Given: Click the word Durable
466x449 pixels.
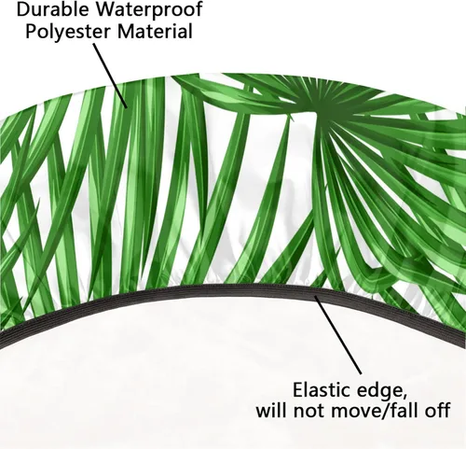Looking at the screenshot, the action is [52, 9].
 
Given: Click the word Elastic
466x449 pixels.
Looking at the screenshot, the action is [322, 389].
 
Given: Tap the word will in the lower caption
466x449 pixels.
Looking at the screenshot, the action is [271, 410].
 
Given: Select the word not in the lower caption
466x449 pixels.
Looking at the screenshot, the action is [309, 411].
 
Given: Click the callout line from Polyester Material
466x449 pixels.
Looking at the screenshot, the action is [110, 76].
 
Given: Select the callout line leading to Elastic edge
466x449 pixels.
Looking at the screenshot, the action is [338, 335].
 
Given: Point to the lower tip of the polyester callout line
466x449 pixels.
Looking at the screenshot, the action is [127, 107].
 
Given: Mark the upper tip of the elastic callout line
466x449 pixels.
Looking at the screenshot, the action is [315, 297].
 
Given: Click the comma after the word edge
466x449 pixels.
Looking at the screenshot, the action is [404, 396].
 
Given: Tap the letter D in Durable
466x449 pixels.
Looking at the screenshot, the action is [23, 9].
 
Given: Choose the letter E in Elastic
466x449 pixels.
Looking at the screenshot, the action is [298, 389].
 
